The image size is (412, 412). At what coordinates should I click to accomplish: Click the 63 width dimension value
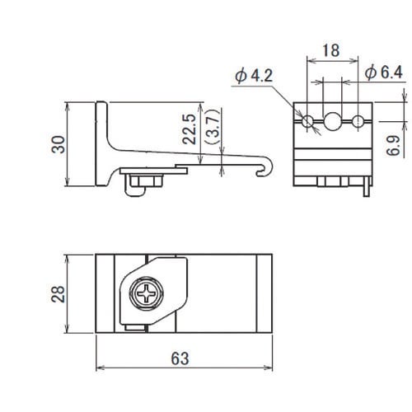point(180,358)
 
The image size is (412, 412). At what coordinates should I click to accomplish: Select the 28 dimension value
point(58,294)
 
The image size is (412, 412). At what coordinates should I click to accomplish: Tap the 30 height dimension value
point(59,144)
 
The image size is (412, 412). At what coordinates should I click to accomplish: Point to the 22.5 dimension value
point(190,129)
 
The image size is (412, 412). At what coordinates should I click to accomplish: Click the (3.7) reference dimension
point(213,127)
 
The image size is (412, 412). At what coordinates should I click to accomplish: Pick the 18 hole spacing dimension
point(331,50)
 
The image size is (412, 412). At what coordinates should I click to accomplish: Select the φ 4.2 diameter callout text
point(254,76)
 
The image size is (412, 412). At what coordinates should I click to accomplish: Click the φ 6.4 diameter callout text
point(384,73)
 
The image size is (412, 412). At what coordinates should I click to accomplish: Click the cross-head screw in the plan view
point(146,293)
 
